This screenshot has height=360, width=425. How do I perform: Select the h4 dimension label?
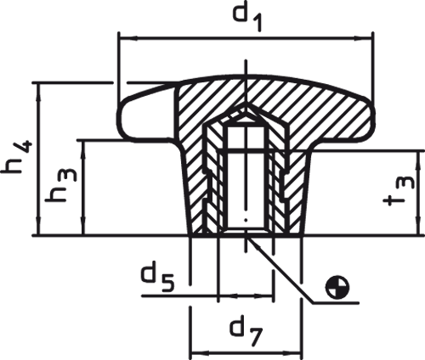point(18,157)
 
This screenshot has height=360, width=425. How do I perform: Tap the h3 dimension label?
point(61,186)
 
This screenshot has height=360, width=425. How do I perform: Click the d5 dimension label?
point(158,278)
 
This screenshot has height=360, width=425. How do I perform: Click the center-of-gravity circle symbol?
point(337,287)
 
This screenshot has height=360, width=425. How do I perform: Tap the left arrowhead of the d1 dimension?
point(128,37)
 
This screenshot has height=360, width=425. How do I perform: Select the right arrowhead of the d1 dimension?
point(363,37)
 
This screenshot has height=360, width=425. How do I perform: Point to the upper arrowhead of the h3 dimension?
point(83,149)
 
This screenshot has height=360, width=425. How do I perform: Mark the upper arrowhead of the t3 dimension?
point(418,160)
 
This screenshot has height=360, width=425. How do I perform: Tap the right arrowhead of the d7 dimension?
point(292,353)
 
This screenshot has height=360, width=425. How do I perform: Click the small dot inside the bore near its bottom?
point(246,220)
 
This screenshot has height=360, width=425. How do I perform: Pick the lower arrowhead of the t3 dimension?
point(418,226)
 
